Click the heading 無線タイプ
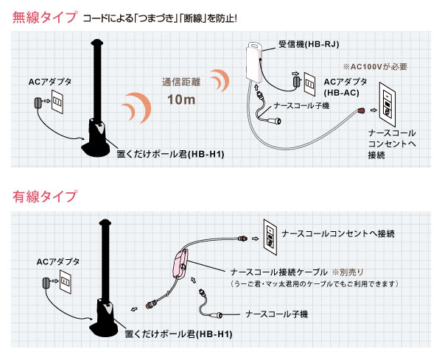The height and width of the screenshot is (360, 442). [44, 17]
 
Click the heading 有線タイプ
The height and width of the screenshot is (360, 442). [44, 197]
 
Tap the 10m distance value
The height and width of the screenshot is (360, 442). [180, 99]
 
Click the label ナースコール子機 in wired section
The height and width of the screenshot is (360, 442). [277, 314]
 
